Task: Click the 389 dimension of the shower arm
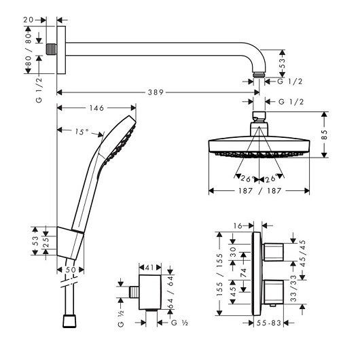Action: click(x=156, y=92)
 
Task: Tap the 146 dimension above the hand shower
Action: click(x=96, y=108)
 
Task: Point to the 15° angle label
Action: click(x=82, y=132)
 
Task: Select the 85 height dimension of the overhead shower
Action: click(x=324, y=134)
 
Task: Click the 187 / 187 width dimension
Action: click(x=259, y=191)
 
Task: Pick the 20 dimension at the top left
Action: click(x=29, y=20)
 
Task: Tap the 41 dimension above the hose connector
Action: click(x=149, y=268)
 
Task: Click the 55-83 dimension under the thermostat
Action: click(x=268, y=323)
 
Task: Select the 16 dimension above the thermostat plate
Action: click(x=238, y=226)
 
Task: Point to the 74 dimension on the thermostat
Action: click(x=243, y=273)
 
